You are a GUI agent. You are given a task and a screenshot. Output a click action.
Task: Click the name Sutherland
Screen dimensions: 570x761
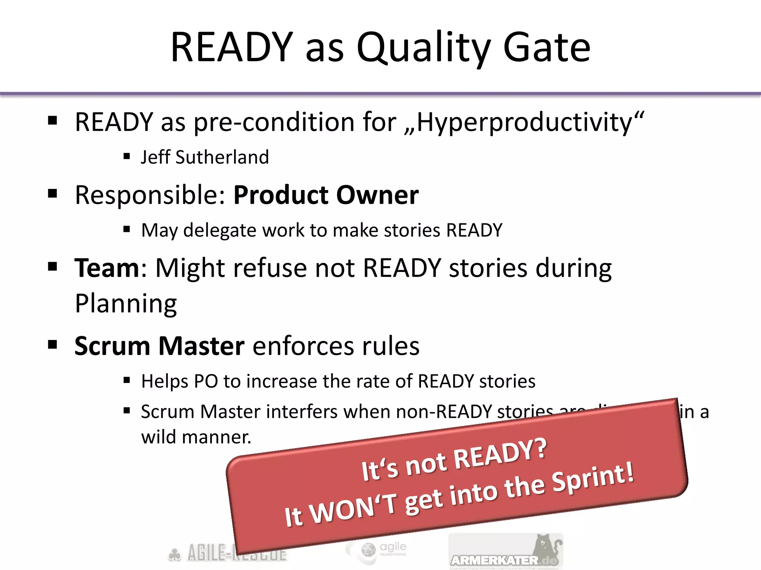222,157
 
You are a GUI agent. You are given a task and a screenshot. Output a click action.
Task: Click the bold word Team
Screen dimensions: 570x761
107,268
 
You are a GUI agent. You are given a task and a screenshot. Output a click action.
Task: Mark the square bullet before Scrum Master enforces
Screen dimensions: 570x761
52,345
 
